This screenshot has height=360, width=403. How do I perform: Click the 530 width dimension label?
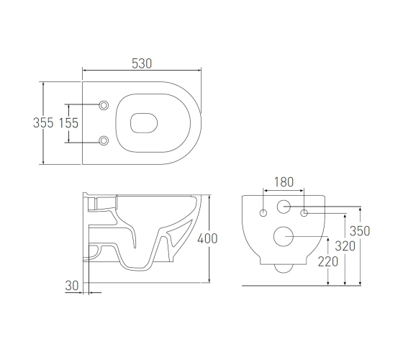[x=142, y=63]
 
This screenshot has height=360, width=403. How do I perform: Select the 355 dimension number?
[x=43, y=122]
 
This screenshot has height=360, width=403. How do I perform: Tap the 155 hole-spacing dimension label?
[x=68, y=123]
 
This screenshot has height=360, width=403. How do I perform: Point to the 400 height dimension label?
[x=207, y=238]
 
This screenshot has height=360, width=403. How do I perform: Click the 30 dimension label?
[x=72, y=285]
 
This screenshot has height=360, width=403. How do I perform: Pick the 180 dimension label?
[x=284, y=182]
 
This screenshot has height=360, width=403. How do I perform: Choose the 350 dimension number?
[x=360, y=230]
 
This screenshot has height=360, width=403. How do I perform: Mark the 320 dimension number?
[x=345, y=246]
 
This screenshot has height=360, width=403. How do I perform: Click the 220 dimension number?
[x=328, y=262]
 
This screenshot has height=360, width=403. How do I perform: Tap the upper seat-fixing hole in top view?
[x=104, y=105]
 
